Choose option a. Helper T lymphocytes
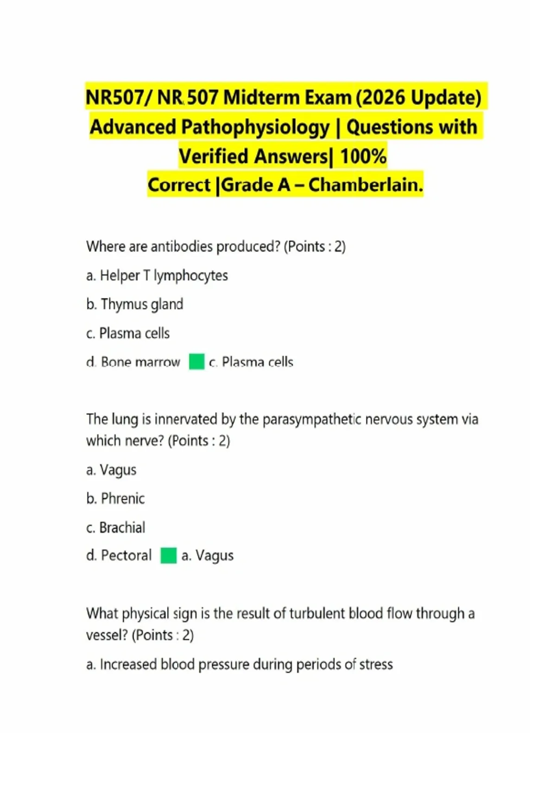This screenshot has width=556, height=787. click(x=157, y=275)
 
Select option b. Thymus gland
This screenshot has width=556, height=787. click(x=135, y=304)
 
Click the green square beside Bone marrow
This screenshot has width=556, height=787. click(x=196, y=362)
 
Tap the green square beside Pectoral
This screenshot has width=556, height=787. click(x=169, y=556)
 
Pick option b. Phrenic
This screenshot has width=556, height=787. click(x=115, y=499)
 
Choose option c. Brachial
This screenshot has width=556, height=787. click(x=116, y=527)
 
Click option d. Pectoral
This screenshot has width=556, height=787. click(x=119, y=556)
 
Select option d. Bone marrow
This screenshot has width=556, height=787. click(x=133, y=362)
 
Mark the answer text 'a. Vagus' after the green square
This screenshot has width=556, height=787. click(x=208, y=556)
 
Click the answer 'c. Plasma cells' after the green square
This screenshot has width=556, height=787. click(x=251, y=362)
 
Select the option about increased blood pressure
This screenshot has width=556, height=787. click(x=240, y=664)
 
